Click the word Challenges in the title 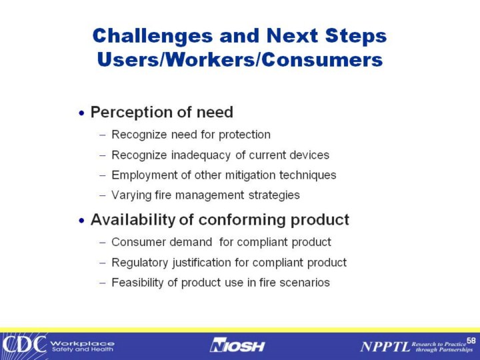click(153, 37)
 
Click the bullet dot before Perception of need click(81, 113)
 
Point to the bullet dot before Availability click(81, 221)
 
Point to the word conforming click(242, 220)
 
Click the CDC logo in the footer click(24, 345)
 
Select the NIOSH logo click(237, 345)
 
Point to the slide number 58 click(471, 341)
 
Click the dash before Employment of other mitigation click(103, 176)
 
